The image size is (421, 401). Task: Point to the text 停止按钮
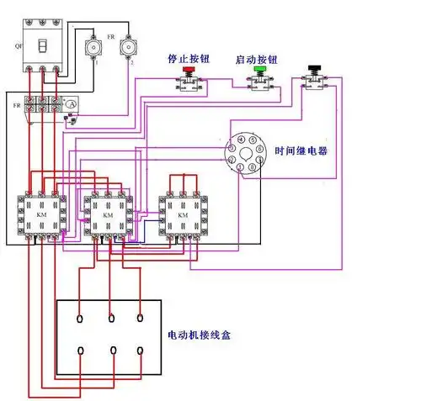point(188,61)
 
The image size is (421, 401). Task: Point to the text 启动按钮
point(258,61)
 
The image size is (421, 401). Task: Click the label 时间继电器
point(301,151)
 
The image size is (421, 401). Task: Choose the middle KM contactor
point(107,215)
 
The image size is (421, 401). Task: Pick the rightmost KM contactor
point(183,215)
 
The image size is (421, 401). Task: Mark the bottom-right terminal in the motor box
point(140,349)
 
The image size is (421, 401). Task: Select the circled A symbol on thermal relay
point(72,103)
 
